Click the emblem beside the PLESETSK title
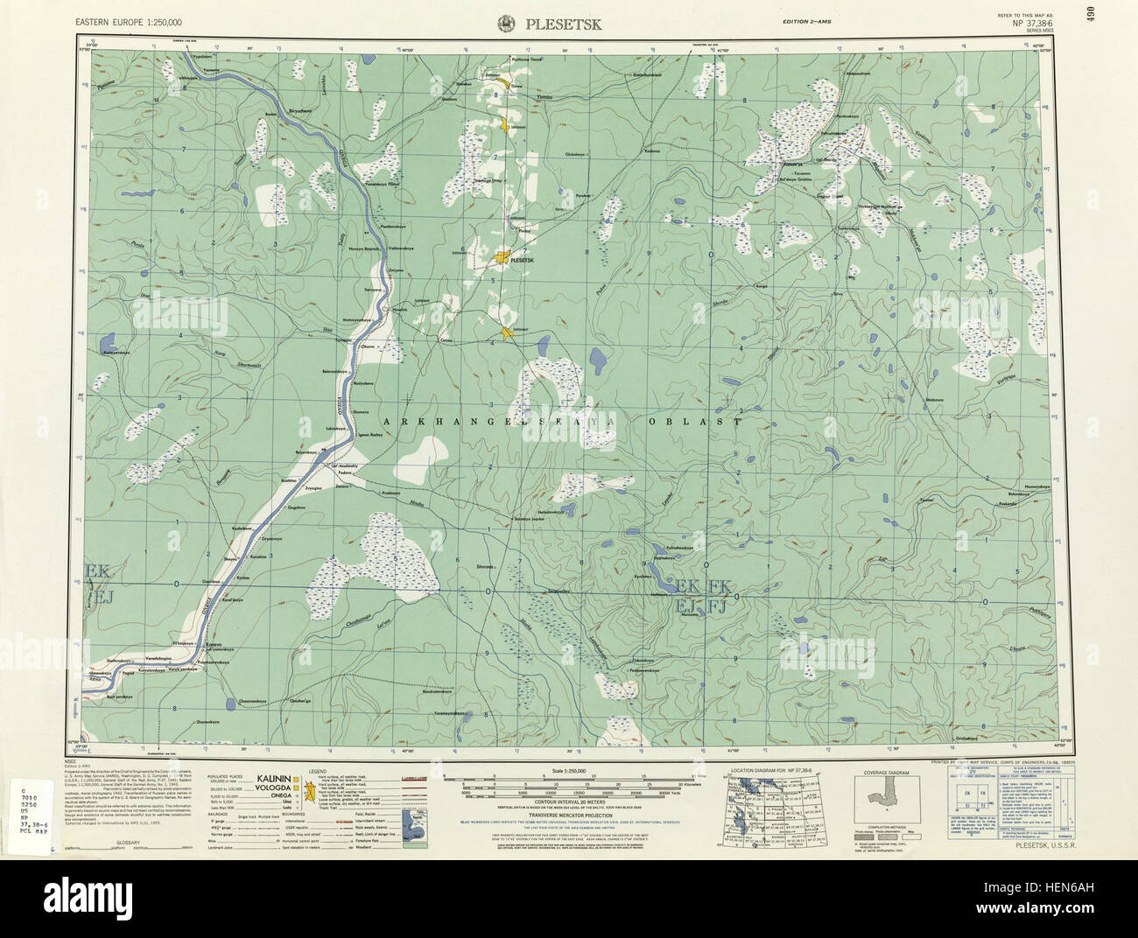(x=507, y=24)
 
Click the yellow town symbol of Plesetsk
(x=502, y=258)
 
